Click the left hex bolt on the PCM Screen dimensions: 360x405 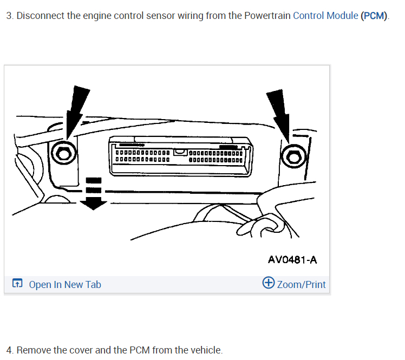[x=63, y=154]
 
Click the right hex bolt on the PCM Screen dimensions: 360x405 [x=293, y=158]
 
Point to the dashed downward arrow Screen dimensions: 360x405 [x=94, y=193]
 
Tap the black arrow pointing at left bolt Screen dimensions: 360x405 [x=76, y=108]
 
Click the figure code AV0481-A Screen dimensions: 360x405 [x=292, y=260]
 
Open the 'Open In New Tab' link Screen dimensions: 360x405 [x=64, y=285]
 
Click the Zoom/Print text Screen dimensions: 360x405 [x=302, y=285]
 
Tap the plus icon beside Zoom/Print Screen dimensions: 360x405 [x=268, y=283]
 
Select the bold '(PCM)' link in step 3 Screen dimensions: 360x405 [x=374, y=15]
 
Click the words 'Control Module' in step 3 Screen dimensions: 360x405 [x=325, y=15]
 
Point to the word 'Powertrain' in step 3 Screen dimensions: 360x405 [x=267, y=15]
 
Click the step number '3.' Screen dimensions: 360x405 [x=10, y=15]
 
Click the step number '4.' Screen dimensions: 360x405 [x=10, y=350]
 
